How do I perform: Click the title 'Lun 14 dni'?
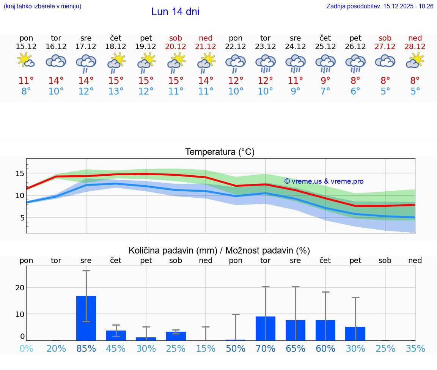pyautogui.click(x=175, y=12)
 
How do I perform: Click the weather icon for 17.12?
pyautogui.click(x=86, y=63)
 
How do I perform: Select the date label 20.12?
pyautogui.click(x=176, y=47)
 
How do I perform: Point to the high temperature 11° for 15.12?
pyautogui.click(x=26, y=81)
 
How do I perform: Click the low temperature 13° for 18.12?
pyautogui.click(x=116, y=91)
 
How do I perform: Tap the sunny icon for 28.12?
pyautogui.click(x=415, y=61)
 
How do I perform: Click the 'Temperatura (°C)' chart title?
pyautogui.click(x=220, y=152)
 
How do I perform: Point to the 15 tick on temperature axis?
pyautogui.click(x=19, y=173)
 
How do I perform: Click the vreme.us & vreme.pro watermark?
pyautogui.click(x=324, y=181)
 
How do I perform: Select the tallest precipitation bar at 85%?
pyautogui.click(x=86, y=318)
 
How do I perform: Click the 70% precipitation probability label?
pyautogui.click(x=266, y=348)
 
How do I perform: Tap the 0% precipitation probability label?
pyautogui.click(x=26, y=348)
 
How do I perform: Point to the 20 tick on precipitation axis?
pyautogui.click(x=20, y=288)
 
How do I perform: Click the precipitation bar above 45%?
pyautogui.click(x=116, y=335)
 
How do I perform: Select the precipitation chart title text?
pyautogui.click(x=219, y=250)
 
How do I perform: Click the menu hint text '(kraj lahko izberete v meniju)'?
pyautogui.click(x=42, y=6)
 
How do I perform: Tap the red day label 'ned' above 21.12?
pyautogui.click(x=206, y=38)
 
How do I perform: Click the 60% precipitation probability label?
pyautogui.click(x=325, y=348)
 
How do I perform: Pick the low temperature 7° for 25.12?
pyautogui.click(x=325, y=91)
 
